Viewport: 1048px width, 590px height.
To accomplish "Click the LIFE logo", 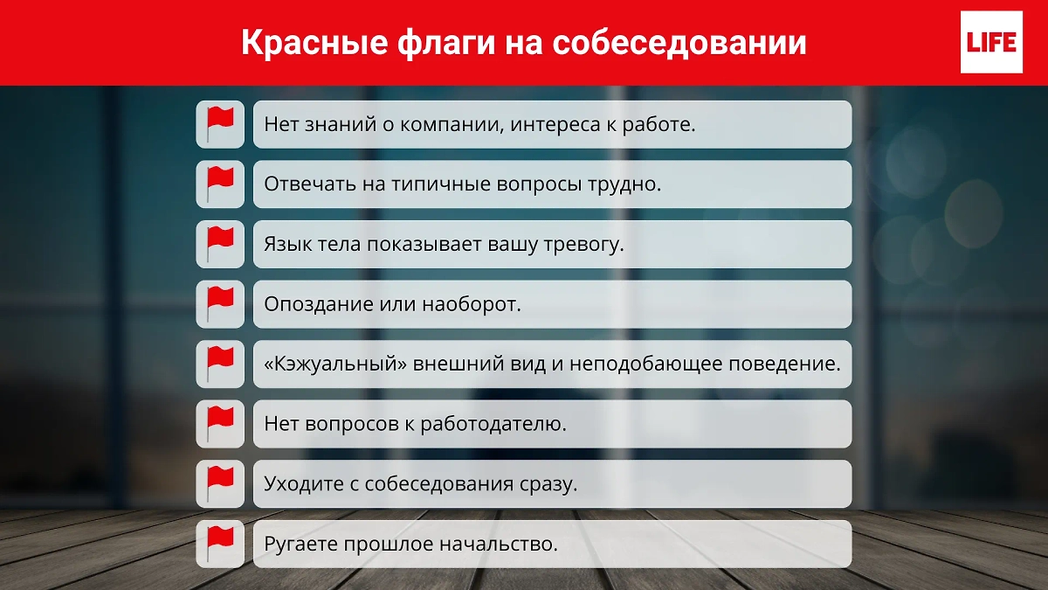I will tap(990, 42).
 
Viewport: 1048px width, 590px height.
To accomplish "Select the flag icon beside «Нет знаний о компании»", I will tap(220, 124).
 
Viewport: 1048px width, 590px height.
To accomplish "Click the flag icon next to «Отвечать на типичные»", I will tap(220, 184).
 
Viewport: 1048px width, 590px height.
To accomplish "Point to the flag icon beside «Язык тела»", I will tap(220, 244).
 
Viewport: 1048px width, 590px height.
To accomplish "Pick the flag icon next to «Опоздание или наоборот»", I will tap(220, 304).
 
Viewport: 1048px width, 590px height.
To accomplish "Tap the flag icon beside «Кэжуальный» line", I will tap(220, 364).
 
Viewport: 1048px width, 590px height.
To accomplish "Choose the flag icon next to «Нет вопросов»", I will tap(220, 424).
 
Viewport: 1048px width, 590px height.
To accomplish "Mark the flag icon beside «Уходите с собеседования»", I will tap(220, 483).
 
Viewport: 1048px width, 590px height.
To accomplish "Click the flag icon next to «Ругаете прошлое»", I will tap(220, 544).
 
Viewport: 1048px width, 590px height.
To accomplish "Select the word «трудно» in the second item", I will tap(629, 185).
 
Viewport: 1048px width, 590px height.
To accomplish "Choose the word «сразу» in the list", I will tap(548, 484).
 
